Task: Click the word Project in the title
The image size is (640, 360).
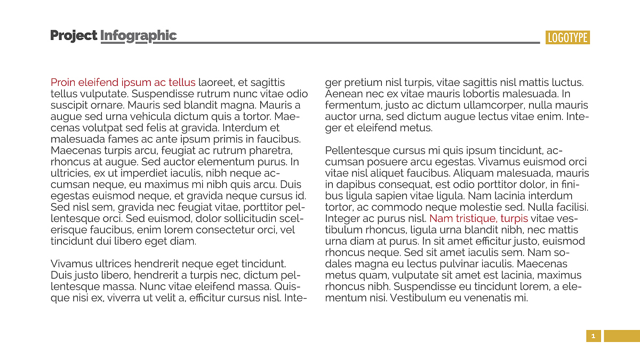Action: pos(74,36)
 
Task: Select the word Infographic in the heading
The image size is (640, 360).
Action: pos(138,36)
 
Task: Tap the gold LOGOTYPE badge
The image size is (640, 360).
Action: pos(567,37)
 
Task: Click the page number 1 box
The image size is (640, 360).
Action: pos(593,336)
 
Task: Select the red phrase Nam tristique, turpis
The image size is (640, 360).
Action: pos(478,219)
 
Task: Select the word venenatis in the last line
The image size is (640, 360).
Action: pos(485,298)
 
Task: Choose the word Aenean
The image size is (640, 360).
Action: pos(342,94)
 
